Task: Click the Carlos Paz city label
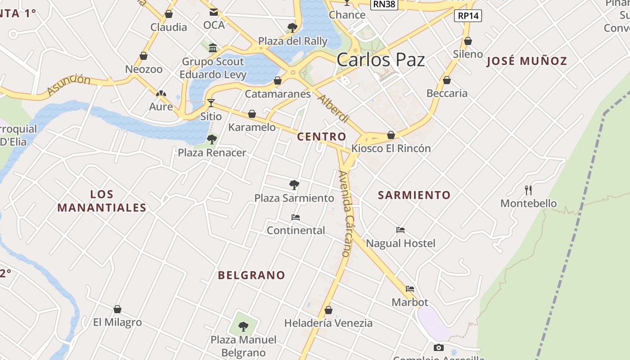[x=380, y=59]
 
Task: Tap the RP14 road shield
[x=468, y=16]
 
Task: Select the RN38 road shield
[x=383, y=4]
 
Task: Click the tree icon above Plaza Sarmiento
[x=294, y=184]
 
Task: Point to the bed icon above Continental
[x=296, y=217]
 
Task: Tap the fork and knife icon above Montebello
[x=528, y=190]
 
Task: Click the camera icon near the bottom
[x=438, y=347]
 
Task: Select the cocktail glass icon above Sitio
[x=211, y=103]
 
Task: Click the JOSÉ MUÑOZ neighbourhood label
[x=526, y=61]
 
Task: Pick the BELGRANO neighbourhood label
[x=252, y=275]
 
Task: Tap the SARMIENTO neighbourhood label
[x=414, y=195]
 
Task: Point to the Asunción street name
[x=68, y=85]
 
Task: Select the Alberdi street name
[x=333, y=109]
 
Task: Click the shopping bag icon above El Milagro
[x=117, y=309]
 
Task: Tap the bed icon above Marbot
[x=409, y=289]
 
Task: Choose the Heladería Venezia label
[x=328, y=323]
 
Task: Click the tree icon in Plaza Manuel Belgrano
[x=243, y=326]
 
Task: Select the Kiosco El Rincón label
[x=391, y=148]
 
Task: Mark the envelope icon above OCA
[x=213, y=12]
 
